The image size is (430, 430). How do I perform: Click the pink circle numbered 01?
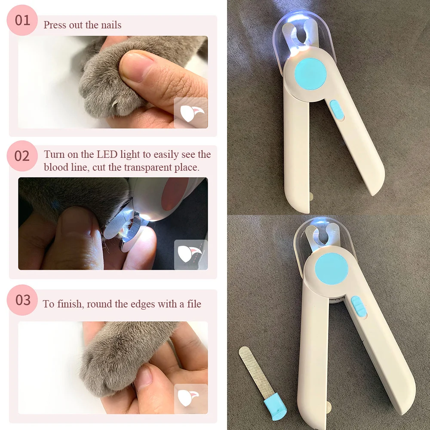(x=22, y=20)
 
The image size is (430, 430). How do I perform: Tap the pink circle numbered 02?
(x=22, y=156)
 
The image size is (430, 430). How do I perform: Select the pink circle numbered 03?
(x=22, y=300)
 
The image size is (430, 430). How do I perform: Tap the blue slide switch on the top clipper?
(x=337, y=110)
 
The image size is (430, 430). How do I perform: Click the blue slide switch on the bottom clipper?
(x=358, y=306)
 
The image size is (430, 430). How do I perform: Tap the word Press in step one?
(x=55, y=25)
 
